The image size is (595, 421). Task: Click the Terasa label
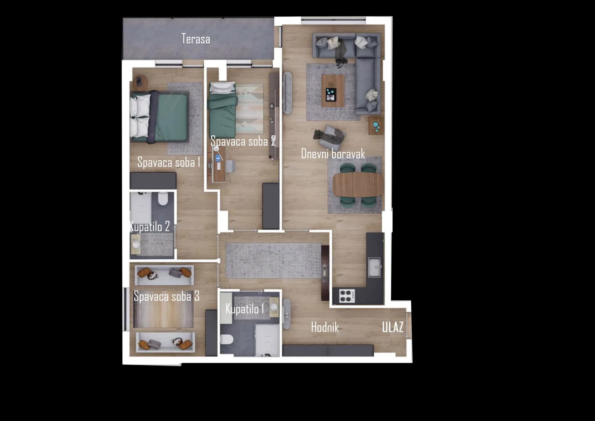(196, 39)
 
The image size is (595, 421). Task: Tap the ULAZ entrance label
(393, 327)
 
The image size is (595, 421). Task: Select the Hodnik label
(325, 327)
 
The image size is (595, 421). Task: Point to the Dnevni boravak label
(333, 154)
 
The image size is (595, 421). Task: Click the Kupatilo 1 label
(245, 308)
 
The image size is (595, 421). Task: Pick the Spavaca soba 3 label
(166, 296)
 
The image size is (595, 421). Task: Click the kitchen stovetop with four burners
(347, 296)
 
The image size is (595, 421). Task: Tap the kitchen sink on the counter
(374, 267)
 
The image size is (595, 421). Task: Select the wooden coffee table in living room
(333, 91)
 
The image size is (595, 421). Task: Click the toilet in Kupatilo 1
(227, 339)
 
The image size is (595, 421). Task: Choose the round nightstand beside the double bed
(140, 81)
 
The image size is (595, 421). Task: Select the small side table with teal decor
(376, 126)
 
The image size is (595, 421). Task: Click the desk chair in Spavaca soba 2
(230, 166)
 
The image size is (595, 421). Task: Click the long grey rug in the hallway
(273, 261)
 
